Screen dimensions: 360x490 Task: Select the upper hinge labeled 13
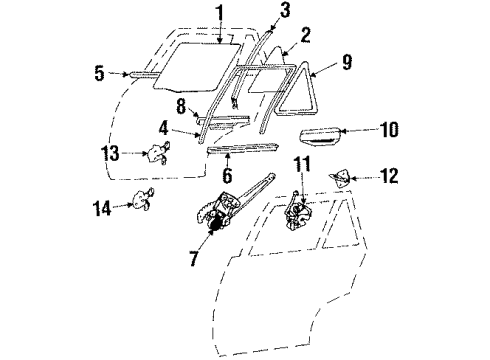158,155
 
